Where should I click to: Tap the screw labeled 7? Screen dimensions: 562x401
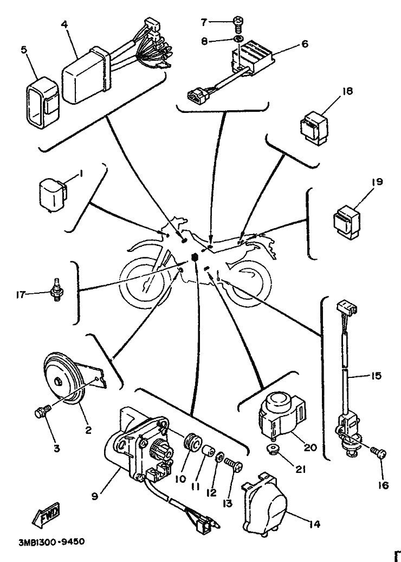(238, 22)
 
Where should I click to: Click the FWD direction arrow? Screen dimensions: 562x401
(48, 515)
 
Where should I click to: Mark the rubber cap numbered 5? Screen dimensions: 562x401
(41, 102)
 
